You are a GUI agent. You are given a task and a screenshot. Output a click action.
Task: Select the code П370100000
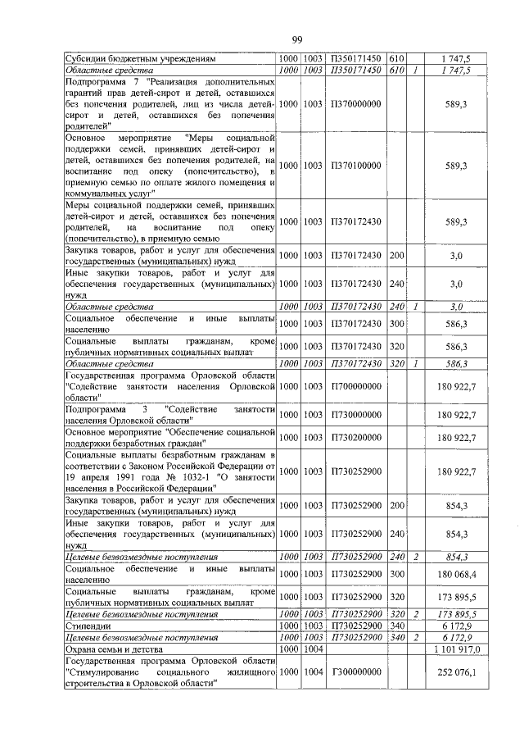coord(356,165)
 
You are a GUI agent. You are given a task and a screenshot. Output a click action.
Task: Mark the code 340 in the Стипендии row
coord(397,625)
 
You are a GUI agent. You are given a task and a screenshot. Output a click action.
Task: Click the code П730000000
coord(356,415)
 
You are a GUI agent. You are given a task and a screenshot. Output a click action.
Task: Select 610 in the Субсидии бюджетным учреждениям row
coord(397,59)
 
